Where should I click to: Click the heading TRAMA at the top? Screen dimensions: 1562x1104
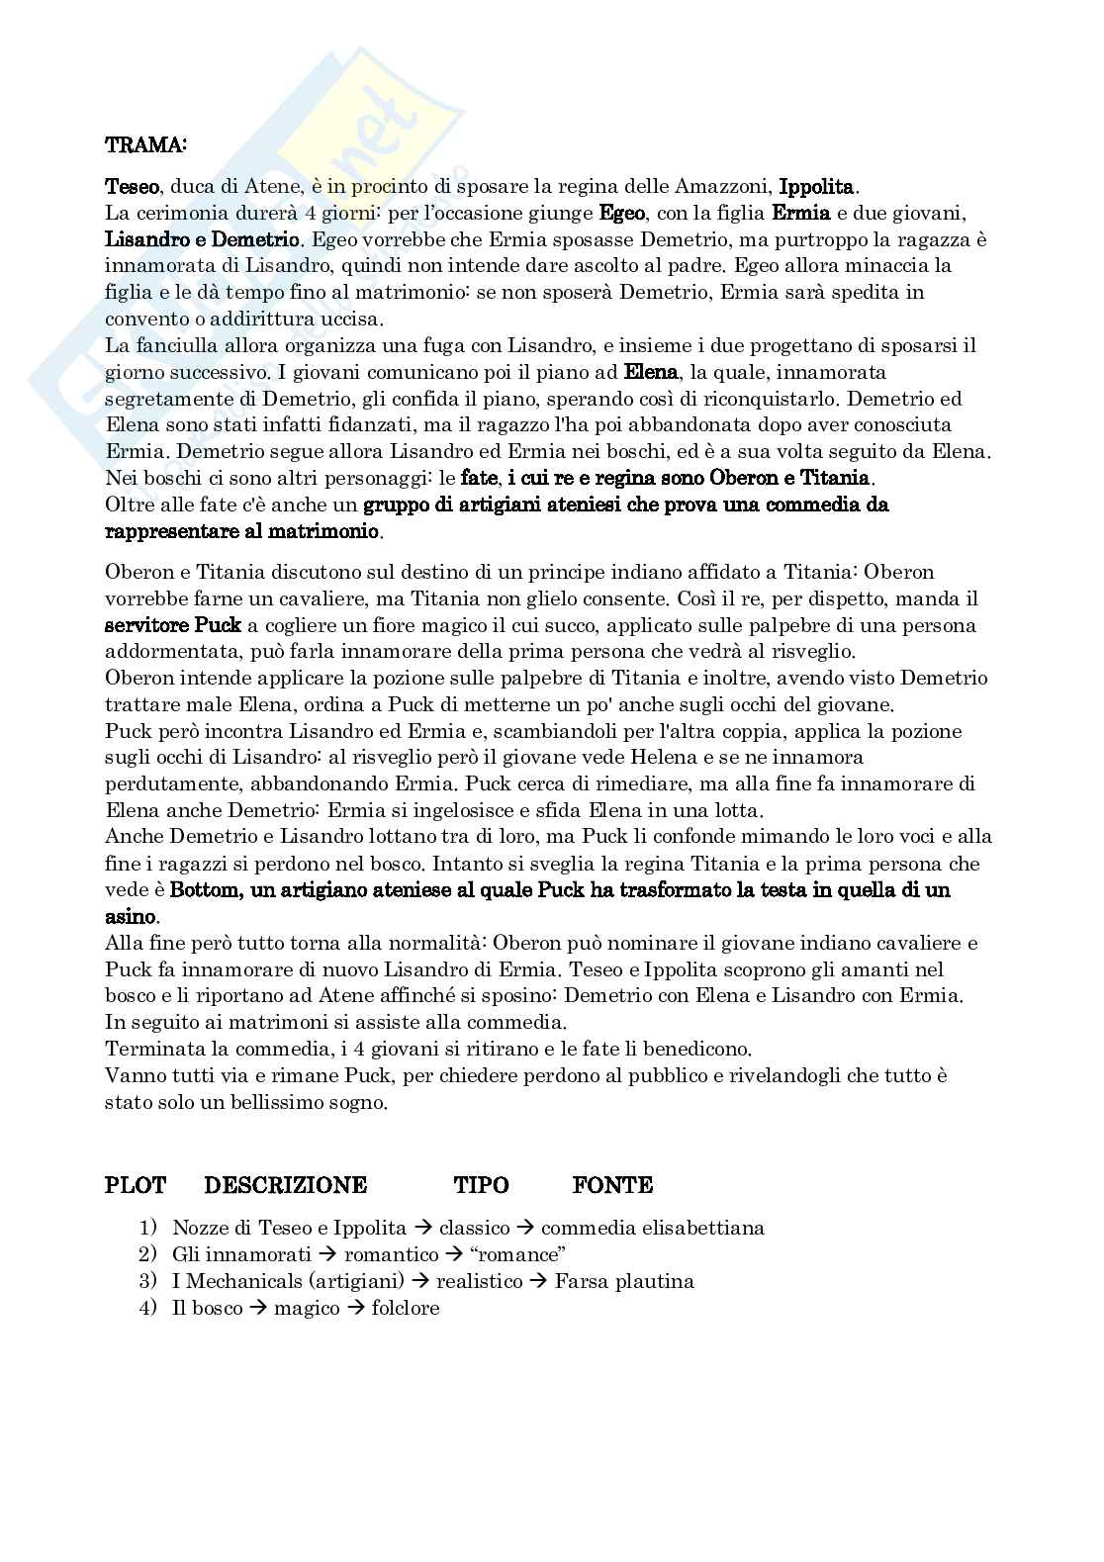[x=144, y=144]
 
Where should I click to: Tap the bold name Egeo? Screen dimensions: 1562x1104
[x=622, y=213]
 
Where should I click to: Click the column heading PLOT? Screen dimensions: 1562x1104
[x=135, y=1185]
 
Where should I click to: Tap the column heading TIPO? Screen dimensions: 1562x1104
[x=481, y=1185]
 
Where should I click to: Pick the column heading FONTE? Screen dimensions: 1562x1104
[x=611, y=1185]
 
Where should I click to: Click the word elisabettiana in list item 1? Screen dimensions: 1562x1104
[x=703, y=1229]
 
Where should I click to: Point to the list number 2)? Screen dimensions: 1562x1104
[x=148, y=1255]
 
